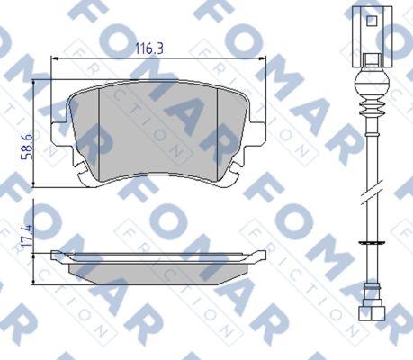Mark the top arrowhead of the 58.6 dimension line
coord(36,84)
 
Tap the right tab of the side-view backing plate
coord(262,255)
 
